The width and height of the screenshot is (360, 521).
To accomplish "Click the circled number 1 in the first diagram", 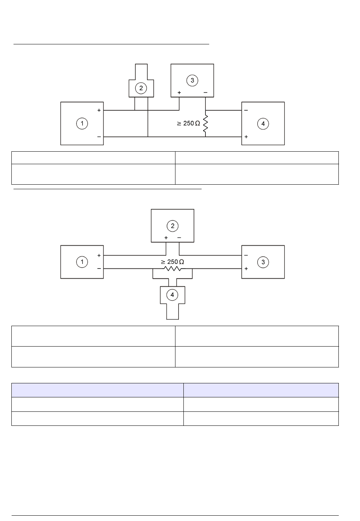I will (82, 123).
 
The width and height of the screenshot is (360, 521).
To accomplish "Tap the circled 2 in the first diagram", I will (141, 88).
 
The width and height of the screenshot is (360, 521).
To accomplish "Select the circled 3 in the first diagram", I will (192, 80).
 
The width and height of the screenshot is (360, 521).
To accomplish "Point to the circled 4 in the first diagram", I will (263, 123).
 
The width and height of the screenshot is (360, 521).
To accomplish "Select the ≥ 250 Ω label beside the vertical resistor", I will (188, 123).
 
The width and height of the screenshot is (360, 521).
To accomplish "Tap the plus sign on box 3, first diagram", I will (179, 93).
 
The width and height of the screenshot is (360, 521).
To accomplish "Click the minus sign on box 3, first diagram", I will (205, 93).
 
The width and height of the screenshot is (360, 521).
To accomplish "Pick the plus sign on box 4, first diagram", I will (246, 137).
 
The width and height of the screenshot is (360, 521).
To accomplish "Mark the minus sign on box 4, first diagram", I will (246, 110).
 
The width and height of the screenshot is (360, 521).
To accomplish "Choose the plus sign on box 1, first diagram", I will (99, 110).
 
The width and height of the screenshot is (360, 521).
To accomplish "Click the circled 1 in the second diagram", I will (82, 262).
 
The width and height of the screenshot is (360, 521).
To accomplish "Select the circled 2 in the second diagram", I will (172, 226).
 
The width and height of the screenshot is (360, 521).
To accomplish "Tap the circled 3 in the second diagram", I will (263, 262).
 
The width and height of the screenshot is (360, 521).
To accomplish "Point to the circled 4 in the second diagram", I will (172, 295).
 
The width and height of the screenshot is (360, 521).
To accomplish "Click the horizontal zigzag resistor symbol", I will (172, 269).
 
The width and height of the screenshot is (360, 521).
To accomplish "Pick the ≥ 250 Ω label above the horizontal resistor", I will (172, 262).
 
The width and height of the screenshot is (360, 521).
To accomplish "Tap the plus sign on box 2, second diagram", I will (166, 238).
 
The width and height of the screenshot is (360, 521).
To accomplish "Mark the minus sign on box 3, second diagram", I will (246, 256).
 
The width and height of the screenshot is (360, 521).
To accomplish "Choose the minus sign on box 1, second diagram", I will (99, 268).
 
